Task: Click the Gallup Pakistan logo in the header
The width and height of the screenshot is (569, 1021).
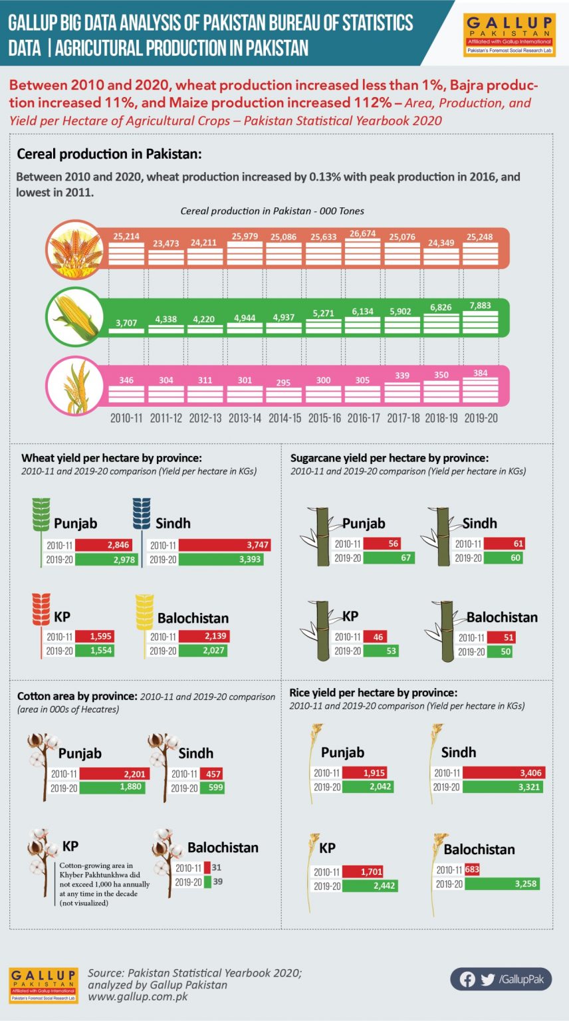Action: tap(509, 35)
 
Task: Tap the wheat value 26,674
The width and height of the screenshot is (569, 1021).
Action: tap(362, 234)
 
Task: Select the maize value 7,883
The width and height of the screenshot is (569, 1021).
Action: tap(480, 305)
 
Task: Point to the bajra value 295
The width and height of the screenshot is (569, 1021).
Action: tap(283, 382)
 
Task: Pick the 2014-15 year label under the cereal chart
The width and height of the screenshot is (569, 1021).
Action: tap(284, 418)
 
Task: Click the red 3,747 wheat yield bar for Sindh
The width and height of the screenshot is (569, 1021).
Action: tap(224, 544)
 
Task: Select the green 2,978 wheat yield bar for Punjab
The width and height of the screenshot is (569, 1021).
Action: tap(106, 559)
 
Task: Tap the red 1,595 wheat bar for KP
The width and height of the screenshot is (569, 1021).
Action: tap(94, 636)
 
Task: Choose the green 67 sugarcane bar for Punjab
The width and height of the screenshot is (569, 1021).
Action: tap(389, 558)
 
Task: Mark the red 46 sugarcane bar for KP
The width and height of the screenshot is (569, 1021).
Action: tap(375, 637)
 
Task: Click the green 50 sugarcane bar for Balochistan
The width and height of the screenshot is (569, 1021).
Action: tap(500, 652)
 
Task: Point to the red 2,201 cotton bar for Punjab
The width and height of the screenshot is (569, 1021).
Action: tap(114, 774)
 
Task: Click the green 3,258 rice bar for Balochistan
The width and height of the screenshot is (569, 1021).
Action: tap(502, 884)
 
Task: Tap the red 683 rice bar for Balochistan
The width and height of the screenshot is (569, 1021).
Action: tap(473, 869)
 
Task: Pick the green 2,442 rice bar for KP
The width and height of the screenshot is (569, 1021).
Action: tap(370, 885)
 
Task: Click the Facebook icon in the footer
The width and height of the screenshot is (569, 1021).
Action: tap(467, 979)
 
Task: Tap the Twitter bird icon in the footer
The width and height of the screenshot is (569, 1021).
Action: tap(487, 979)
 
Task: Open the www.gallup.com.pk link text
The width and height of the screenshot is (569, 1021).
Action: tap(138, 996)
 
